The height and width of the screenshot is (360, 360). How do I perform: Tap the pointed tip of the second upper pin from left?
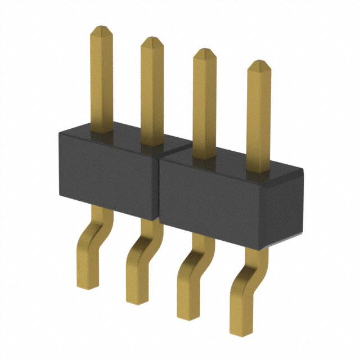[x=152, y=39]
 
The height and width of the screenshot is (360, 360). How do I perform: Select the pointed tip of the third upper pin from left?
[x=204, y=51]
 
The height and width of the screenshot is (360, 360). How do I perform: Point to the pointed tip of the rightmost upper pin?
[x=259, y=63]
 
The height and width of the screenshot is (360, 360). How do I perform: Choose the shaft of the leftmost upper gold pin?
[x=101, y=79]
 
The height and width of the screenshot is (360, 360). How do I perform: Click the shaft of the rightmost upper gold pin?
[x=259, y=112]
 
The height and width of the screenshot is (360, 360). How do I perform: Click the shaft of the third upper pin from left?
[x=204, y=101]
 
